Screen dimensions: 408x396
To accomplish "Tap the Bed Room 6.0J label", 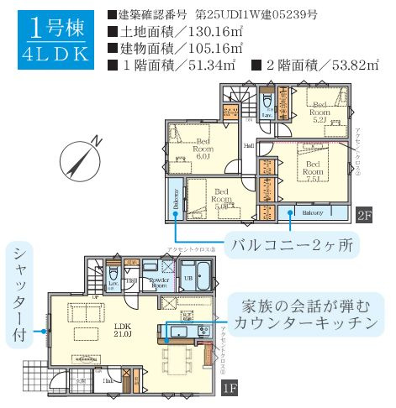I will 202,148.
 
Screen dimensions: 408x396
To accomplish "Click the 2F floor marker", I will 362,214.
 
